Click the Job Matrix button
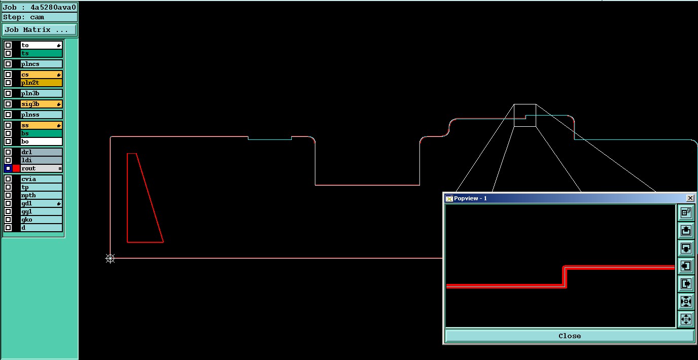(x=39, y=30)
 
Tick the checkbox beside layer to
(x=8, y=45)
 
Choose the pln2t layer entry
(x=42, y=83)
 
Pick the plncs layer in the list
(x=42, y=64)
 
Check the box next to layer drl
(x=8, y=152)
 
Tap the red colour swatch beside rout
(x=16, y=168)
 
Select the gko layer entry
(x=42, y=220)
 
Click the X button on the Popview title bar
(x=690, y=198)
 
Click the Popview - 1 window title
(x=470, y=198)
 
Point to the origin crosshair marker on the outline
(x=110, y=259)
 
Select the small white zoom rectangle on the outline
(x=525, y=115)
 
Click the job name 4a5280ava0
(x=53, y=7)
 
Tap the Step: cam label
(x=24, y=17)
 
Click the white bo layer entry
(x=42, y=141)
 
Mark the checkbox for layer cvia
(x=8, y=179)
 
